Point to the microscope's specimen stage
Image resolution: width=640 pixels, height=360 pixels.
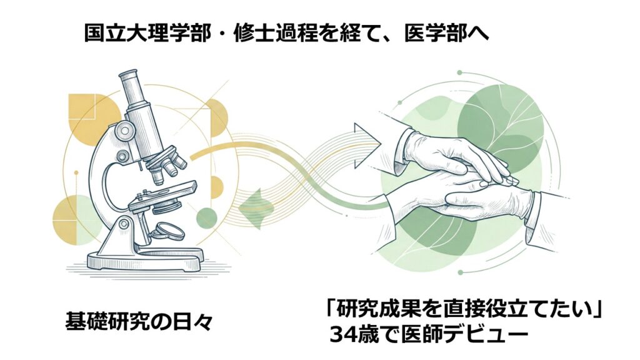[162, 194]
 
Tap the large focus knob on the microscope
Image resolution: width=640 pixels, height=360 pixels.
[122, 131]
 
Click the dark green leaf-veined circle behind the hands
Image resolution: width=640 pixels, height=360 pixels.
[501, 122]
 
